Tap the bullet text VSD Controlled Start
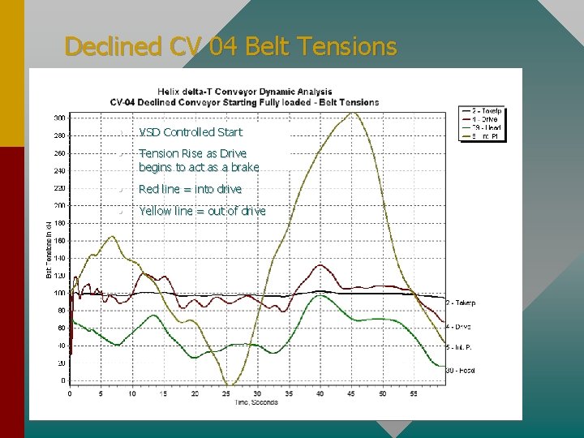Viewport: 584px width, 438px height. point(190,131)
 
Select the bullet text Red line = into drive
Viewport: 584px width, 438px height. point(190,189)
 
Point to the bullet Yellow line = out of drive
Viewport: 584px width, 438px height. point(202,211)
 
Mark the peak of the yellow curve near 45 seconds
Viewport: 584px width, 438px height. point(351,113)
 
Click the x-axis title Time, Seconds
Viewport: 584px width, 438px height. point(256,402)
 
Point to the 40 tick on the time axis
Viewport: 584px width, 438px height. point(320,393)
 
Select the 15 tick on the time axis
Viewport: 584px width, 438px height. point(163,393)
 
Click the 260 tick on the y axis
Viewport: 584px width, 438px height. point(60,153)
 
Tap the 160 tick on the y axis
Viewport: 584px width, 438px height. point(60,241)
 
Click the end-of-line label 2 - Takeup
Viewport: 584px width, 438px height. point(461,303)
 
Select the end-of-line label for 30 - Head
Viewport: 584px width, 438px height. point(461,371)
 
